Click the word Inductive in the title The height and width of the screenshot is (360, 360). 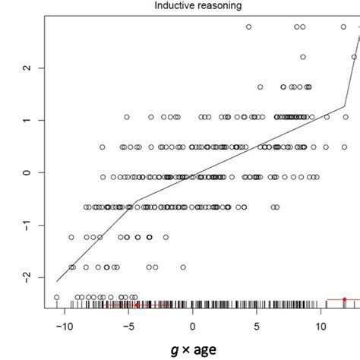(157, 7)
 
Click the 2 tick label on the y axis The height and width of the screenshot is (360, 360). (29, 68)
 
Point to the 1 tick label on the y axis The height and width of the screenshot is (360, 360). (29, 120)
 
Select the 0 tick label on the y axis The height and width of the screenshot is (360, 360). (29, 172)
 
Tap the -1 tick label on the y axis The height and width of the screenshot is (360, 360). (29, 226)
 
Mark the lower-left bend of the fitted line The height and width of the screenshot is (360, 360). (136, 202)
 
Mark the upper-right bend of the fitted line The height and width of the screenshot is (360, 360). (345, 106)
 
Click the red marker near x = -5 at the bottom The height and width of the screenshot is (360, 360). (137, 305)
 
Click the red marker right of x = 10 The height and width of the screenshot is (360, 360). (344, 299)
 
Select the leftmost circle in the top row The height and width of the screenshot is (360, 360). (248, 27)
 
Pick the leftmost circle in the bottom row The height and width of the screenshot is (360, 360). (57, 297)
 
